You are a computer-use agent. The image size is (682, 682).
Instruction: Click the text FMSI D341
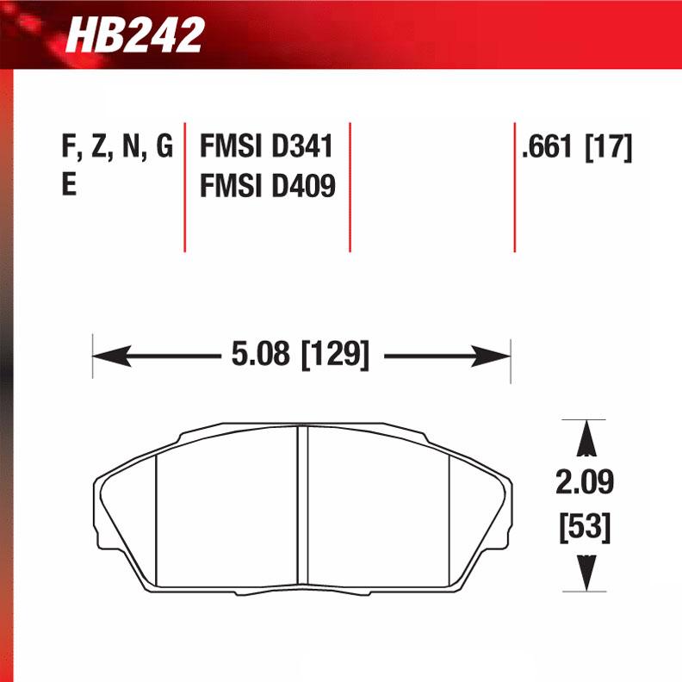pos(266,147)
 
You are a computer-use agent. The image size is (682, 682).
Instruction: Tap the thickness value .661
pos(548,148)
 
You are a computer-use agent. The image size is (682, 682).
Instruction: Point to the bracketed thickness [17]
pos(608,148)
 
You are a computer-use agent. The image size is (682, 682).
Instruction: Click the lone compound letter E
pos(69,186)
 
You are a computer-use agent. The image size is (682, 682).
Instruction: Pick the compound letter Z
pos(98,148)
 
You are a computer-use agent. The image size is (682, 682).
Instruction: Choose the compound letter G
pos(163,148)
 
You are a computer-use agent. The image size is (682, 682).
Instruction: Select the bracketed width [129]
pos(335,355)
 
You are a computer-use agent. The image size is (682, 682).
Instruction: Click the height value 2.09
pos(585,483)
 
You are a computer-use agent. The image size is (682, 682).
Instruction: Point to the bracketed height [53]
pos(585,527)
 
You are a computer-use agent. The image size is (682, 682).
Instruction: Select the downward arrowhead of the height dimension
pos(586,572)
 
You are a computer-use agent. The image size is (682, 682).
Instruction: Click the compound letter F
pos(68,148)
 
